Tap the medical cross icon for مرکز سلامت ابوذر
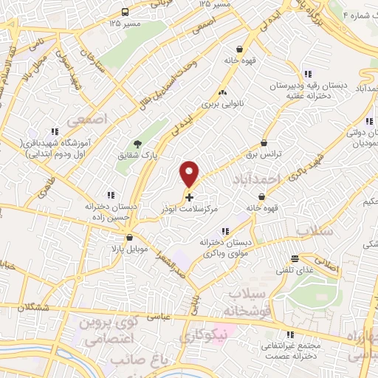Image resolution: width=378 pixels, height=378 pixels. point(190,197)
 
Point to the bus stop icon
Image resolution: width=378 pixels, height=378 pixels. point(125,12)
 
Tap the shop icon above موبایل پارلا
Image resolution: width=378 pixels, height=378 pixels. point(130,238)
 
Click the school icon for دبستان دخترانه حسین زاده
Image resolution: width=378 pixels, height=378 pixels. point(110,195)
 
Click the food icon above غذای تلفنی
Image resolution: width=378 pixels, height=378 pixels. point(296,258)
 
